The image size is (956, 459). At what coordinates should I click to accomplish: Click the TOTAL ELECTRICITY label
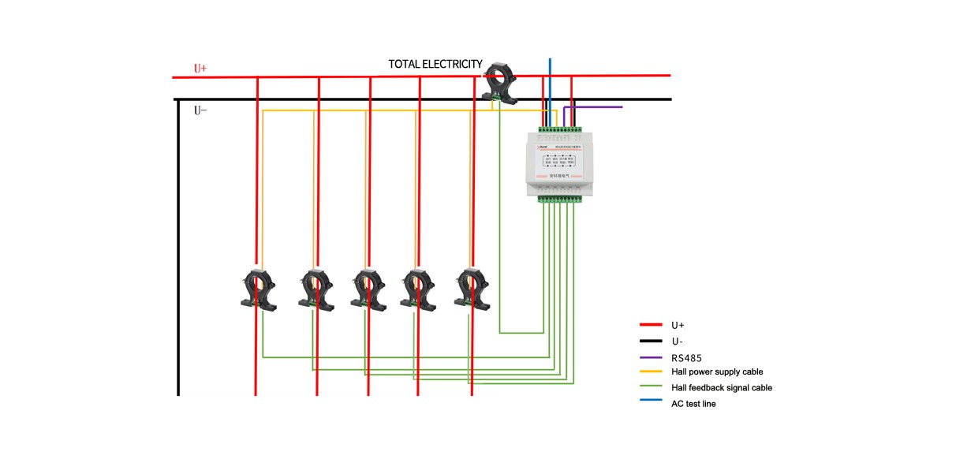tap(435, 64)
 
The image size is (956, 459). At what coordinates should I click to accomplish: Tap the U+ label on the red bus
tap(200, 69)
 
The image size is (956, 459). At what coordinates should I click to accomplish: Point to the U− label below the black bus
tap(200, 110)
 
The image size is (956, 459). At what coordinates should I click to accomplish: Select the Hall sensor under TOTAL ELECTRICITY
tap(501, 84)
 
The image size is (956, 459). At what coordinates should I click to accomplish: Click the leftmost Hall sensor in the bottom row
tap(257, 289)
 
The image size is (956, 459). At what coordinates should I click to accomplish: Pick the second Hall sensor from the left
tap(316, 289)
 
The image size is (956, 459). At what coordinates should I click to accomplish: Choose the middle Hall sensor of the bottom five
tap(367, 289)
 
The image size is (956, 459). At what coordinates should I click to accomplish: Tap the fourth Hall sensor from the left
tap(418, 289)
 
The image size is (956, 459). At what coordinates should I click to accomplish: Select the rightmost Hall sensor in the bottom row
tap(472, 289)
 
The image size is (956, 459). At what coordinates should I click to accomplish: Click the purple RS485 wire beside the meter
tap(599, 106)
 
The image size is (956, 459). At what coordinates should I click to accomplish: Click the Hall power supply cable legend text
tap(717, 371)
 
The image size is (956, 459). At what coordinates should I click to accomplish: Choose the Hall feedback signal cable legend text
tap(721, 387)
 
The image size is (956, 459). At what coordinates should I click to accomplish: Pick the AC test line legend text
tap(693, 404)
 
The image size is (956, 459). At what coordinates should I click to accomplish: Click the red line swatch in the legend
tap(650, 325)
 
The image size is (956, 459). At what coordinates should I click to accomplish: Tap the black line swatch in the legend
tap(650, 341)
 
